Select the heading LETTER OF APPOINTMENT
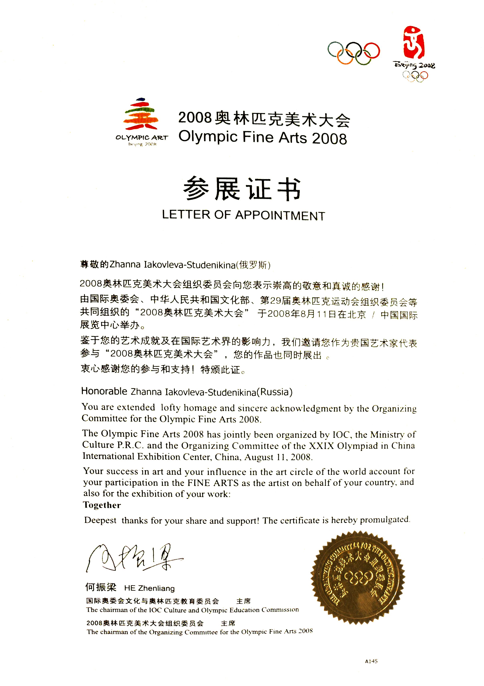point(243,215)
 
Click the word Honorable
point(104,391)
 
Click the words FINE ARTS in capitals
point(213,483)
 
